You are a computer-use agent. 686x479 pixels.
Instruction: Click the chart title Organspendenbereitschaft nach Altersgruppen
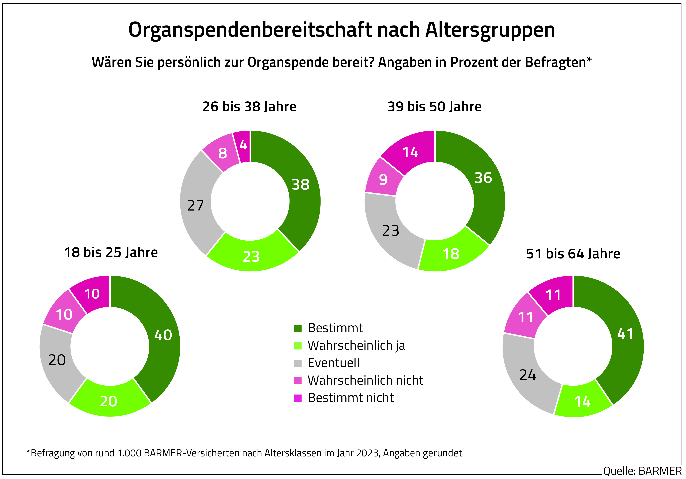pyautogui.click(x=341, y=30)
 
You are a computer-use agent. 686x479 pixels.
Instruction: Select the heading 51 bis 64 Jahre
pyautogui.click(x=573, y=254)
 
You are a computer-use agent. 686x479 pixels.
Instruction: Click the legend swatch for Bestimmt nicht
pyautogui.click(x=298, y=398)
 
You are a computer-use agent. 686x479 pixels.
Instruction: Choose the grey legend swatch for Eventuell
pyautogui.click(x=298, y=363)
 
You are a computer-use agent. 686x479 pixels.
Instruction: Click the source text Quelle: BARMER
pyautogui.click(x=642, y=471)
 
